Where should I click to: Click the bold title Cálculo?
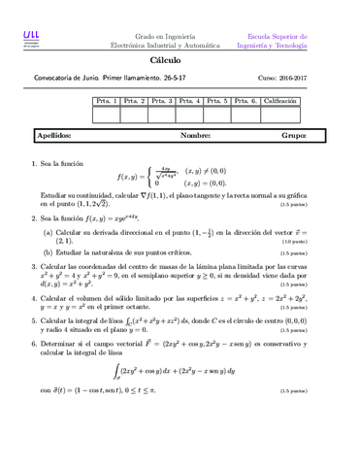tap(180, 61)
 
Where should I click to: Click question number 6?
tap(34, 341)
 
